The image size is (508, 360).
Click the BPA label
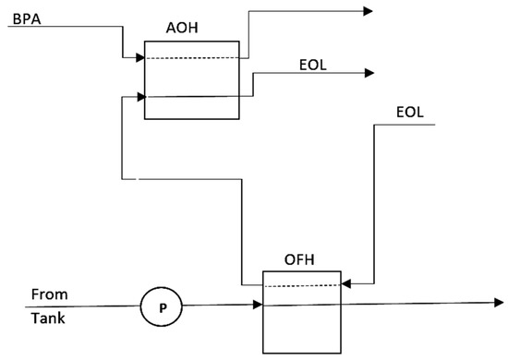click(x=20, y=18)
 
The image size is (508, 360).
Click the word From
click(x=49, y=295)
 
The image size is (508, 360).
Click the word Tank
click(x=48, y=319)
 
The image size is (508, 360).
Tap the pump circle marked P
click(x=162, y=306)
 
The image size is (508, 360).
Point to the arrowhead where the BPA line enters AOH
click(x=139, y=58)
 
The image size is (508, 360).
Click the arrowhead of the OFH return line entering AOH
click(x=139, y=95)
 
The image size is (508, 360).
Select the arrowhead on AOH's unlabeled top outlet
click(x=368, y=11)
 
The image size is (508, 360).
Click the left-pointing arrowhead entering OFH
click(x=347, y=283)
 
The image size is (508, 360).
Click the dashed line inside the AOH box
click(x=191, y=59)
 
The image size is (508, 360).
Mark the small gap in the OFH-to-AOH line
click(x=131, y=178)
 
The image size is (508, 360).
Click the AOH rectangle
click(x=191, y=80)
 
